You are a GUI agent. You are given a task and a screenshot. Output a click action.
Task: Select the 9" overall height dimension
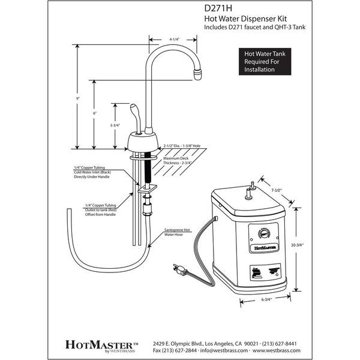[x=79, y=97]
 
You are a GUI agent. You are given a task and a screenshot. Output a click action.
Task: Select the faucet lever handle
[x=136, y=118]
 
